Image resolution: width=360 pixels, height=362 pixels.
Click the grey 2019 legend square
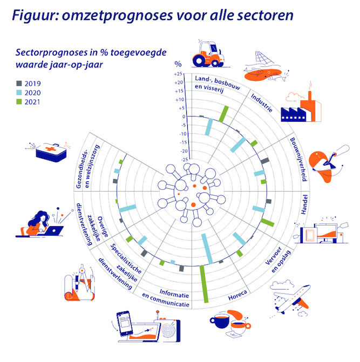click(x=19, y=83)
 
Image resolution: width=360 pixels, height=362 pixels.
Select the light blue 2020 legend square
click(x=19, y=92)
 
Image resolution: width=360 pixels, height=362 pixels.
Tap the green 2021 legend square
click(x=19, y=101)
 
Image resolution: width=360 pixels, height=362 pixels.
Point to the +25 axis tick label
click(x=178, y=74)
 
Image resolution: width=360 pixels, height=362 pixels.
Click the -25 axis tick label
click(x=184, y=160)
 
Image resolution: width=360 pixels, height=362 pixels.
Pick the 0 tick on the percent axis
click(x=184, y=117)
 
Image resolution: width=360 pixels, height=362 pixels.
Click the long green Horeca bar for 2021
click(x=204, y=284)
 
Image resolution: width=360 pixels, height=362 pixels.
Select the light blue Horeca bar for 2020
click(x=207, y=249)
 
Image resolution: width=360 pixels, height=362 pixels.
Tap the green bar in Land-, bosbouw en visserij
click(x=223, y=114)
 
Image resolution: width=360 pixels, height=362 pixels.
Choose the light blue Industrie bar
click(x=238, y=145)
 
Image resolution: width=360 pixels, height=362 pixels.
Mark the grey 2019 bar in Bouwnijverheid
click(x=265, y=161)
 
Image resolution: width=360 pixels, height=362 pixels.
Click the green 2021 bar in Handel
click(x=267, y=222)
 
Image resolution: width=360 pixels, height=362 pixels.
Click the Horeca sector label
click(x=237, y=295)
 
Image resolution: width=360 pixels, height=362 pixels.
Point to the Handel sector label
click(x=304, y=204)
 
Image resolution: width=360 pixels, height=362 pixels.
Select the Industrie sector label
click(x=262, y=103)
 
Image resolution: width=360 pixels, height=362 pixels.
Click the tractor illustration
click(x=208, y=54)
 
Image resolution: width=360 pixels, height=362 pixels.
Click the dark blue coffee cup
click(x=220, y=320)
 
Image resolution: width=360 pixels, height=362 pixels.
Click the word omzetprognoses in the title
click(x=117, y=16)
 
